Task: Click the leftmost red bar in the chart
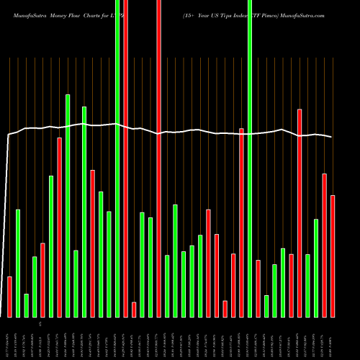click(x=9, y=297)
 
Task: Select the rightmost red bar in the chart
click(x=333, y=256)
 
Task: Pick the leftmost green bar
click(x=18, y=263)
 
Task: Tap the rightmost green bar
click(x=316, y=268)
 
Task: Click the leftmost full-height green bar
click(x=117, y=158)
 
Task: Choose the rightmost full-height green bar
click(x=250, y=158)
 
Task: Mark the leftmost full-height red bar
click(x=125, y=158)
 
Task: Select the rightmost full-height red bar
click(x=158, y=158)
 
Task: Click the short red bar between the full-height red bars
click(x=134, y=310)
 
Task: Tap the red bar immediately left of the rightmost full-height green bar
click(x=242, y=222)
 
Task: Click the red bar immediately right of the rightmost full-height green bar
click(x=258, y=288)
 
